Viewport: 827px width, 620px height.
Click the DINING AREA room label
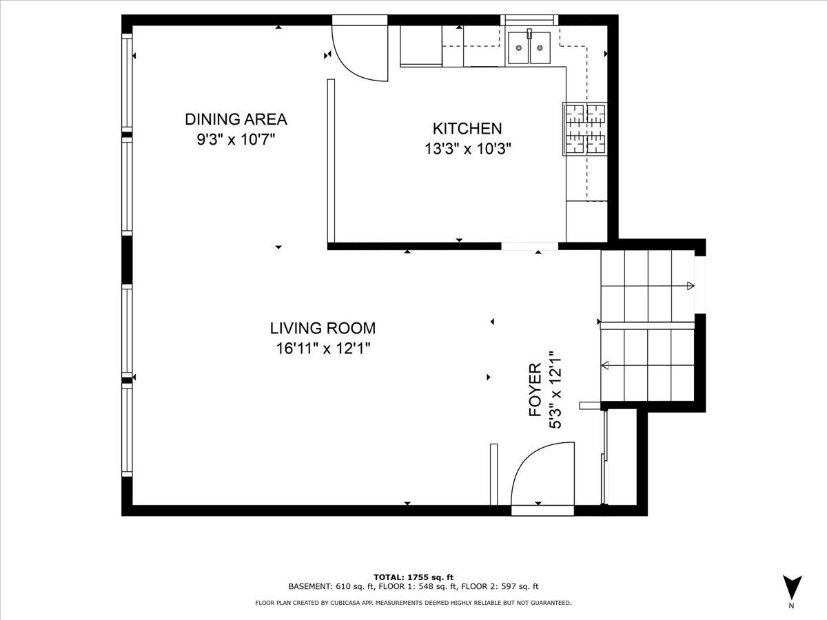coord(236,119)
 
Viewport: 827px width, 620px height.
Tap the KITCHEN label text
coord(467,129)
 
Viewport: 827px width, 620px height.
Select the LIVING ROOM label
coord(323,329)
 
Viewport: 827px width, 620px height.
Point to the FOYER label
coord(535,390)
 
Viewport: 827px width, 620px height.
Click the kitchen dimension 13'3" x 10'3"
coord(468,149)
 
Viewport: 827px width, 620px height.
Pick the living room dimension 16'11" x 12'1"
coord(323,349)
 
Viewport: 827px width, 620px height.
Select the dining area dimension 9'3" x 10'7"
coord(236,140)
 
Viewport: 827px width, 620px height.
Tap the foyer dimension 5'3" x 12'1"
coord(555,390)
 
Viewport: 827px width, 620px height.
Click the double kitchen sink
coord(529,48)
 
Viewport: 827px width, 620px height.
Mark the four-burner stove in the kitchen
coord(584,129)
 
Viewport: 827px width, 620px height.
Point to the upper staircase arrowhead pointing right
coord(691,286)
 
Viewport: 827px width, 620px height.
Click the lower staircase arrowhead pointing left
coord(605,365)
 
